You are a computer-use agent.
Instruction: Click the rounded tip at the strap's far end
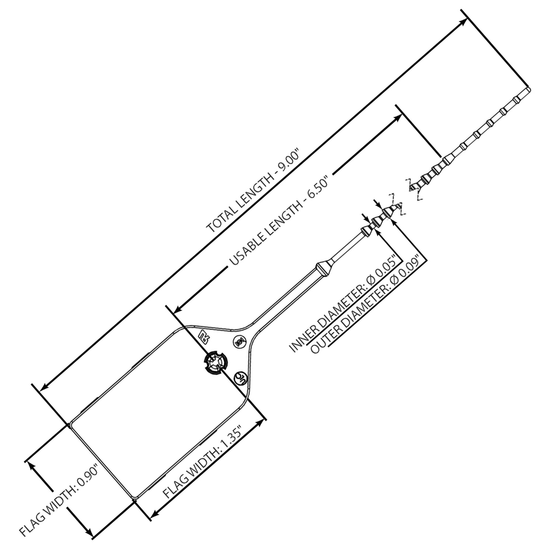[x=528, y=90]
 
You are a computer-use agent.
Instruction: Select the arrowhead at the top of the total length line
[x=463, y=22]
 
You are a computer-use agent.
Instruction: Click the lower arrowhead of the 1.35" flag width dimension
[x=155, y=513]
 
